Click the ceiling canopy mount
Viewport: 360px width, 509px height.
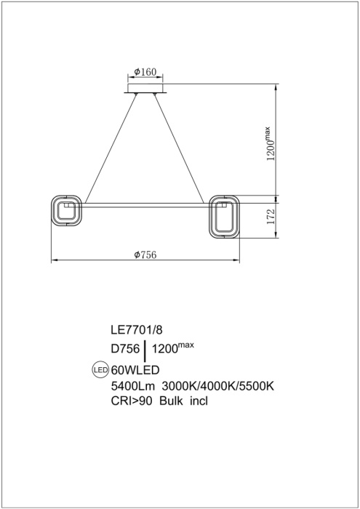(x=147, y=90)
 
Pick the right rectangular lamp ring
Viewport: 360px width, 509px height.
(x=225, y=216)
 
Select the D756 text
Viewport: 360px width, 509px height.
(x=124, y=350)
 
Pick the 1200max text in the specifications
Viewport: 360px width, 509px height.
(x=173, y=349)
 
